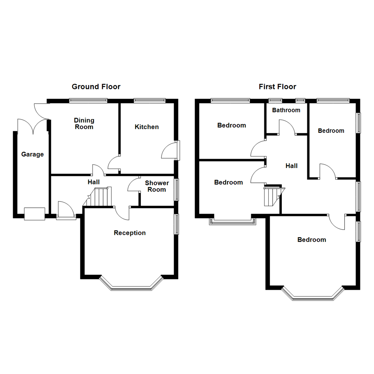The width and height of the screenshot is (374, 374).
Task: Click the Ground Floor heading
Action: (96, 87)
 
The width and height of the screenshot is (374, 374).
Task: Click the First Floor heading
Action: (277, 87)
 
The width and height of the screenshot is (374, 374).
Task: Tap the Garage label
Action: (33, 154)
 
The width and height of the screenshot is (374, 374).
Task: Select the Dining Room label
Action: (84, 124)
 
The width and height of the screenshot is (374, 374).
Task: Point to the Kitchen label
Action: (146, 127)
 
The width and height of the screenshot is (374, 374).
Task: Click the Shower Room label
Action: (157, 186)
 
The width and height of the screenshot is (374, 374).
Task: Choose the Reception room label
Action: (130, 233)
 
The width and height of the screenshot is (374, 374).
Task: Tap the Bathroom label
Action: (286, 110)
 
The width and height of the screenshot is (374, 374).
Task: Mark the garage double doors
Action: (33, 126)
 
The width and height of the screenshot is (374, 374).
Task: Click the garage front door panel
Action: (35, 214)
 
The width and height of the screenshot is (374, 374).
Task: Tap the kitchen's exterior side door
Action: (170, 150)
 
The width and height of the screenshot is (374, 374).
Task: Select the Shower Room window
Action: (177, 189)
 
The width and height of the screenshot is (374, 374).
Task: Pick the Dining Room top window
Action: (88, 101)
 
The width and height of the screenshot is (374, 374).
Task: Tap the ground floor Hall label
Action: (93, 182)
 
